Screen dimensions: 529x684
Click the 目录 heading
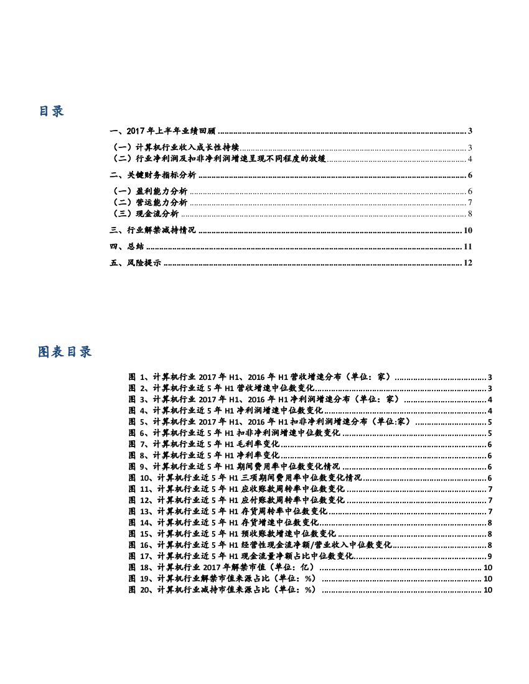pyautogui.click(x=51, y=112)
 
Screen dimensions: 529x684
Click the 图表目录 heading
pyautogui.click(x=65, y=352)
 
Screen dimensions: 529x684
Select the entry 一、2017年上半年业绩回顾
pyautogui.click(x=162, y=131)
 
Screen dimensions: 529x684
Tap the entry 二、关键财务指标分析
pyautogui.click(x=152, y=175)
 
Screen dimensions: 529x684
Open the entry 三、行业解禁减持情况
pyautogui.click(x=152, y=230)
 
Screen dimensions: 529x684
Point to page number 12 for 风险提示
pyautogui.click(x=468, y=263)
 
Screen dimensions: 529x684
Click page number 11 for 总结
pyautogui.click(x=468, y=247)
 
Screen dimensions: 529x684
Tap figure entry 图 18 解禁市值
pyautogui.click(x=224, y=568)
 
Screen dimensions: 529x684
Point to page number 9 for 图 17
pyautogui.click(x=490, y=557)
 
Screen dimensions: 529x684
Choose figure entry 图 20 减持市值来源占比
pyautogui.click(x=224, y=590)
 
